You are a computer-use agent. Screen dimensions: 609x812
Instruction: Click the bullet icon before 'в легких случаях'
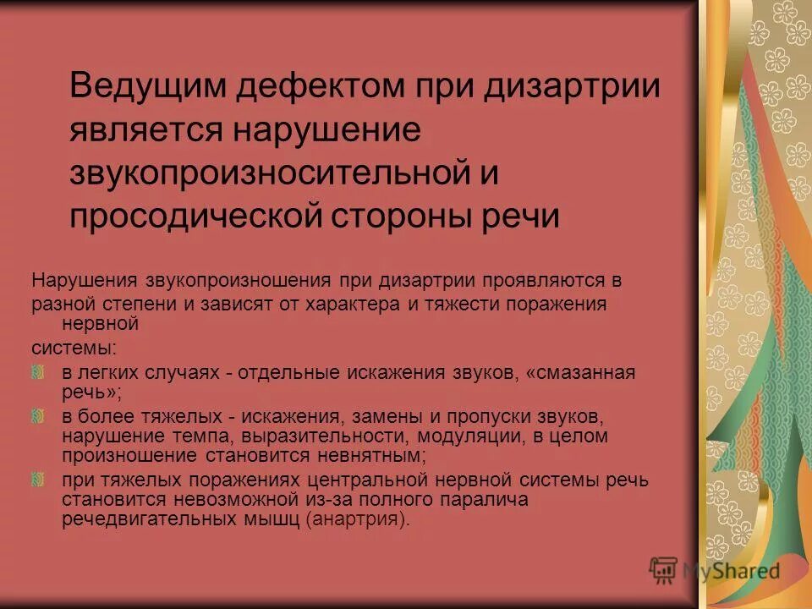[37, 371]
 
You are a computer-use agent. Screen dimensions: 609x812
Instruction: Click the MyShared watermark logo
[715, 570]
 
